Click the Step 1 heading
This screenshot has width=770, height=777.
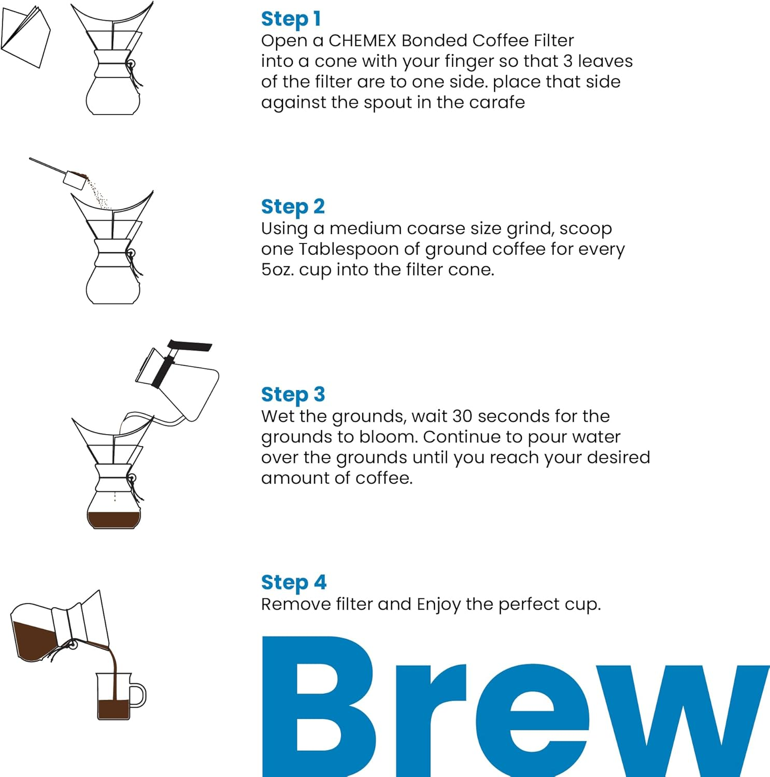(291, 19)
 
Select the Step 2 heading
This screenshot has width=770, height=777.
(293, 207)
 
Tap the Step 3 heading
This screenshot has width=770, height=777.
(293, 395)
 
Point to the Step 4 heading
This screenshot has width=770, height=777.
(293, 583)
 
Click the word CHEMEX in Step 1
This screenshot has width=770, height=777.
(362, 40)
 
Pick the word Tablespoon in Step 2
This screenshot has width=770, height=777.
(349, 249)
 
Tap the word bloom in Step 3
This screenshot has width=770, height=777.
(388, 437)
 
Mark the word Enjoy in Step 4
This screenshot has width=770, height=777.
(438, 605)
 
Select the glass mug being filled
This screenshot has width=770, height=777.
(114, 697)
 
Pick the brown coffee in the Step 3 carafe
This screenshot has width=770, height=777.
(113, 519)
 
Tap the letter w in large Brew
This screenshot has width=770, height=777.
(684, 720)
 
